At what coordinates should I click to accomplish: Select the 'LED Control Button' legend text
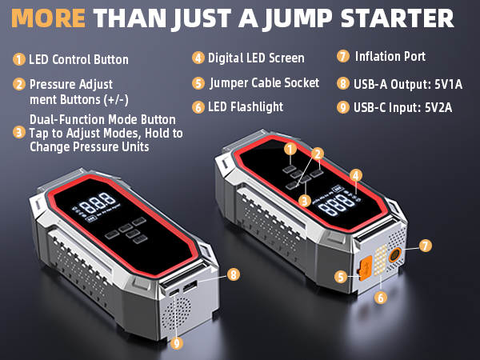pos(78,59)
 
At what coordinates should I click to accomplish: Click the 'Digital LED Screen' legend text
pos(255,58)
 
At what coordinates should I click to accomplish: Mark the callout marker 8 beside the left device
pos(234,274)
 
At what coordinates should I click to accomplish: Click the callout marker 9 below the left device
pos(176,342)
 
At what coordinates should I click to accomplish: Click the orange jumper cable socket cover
pos(364,270)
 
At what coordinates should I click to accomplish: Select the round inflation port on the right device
pos(394,257)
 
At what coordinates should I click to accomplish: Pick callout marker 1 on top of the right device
pos(291,148)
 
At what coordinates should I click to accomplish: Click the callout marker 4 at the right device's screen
pos(356,174)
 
